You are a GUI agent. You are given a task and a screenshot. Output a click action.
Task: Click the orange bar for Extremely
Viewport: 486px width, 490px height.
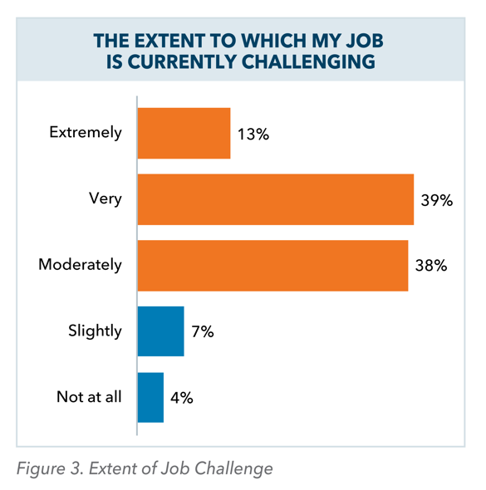184,133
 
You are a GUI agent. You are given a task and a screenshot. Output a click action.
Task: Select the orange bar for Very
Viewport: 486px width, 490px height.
275,199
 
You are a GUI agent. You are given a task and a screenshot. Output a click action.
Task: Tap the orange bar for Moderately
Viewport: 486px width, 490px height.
272,266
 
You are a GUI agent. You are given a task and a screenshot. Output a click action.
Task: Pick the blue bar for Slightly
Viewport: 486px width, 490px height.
160,331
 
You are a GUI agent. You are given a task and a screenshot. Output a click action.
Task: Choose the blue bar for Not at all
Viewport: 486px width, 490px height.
150,397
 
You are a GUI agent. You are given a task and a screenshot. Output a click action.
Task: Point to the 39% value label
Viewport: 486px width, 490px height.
435,199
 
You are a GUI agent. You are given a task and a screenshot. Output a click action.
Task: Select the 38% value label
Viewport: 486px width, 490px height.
430,266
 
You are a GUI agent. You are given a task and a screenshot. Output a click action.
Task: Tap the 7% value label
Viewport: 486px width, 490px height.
201,331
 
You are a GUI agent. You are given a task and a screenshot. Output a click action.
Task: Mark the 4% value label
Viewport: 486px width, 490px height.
181,397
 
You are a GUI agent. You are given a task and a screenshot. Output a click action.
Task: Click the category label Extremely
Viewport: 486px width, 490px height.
86,133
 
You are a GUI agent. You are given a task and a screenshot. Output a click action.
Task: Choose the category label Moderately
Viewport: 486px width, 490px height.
80,266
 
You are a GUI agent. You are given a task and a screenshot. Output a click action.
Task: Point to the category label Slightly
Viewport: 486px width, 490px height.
95,331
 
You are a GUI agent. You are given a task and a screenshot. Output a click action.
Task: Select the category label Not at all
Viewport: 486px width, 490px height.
89,397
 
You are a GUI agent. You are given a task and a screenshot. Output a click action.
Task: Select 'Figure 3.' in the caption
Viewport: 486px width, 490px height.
47,469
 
